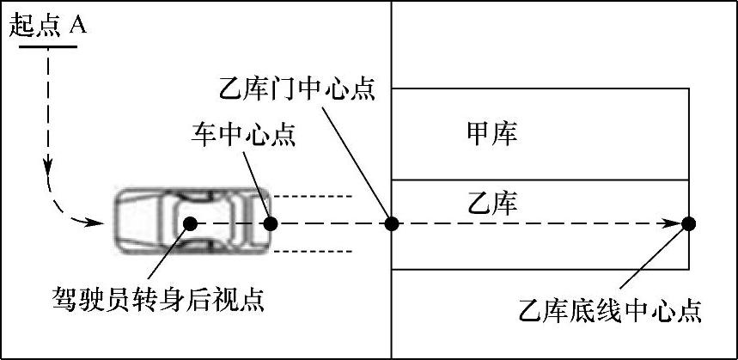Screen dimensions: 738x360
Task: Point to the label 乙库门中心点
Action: (x=297, y=88)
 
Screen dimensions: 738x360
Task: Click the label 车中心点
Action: (x=242, y=135)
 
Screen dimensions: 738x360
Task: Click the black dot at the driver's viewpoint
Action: (x=190, y=223)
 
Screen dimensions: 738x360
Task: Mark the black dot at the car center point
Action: (x=271, y=223)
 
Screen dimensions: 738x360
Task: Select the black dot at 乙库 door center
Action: (x=392, y=223)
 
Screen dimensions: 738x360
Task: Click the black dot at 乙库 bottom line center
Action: (x=688, y=223)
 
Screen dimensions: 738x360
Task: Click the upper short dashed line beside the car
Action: (x=313, y=196)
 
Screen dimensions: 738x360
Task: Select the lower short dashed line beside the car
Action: (x=313, y=251)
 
